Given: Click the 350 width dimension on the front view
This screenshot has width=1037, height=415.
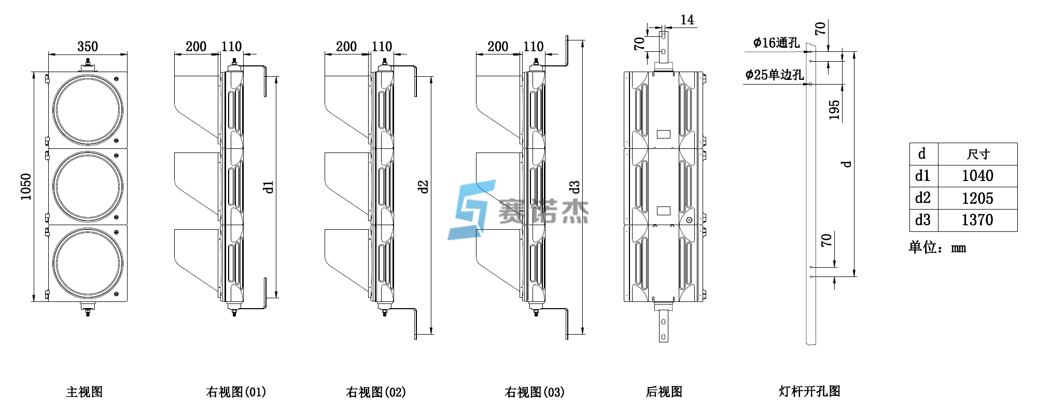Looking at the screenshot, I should [x=88, y=47].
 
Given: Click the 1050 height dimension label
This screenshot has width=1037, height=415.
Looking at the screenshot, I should [x=25, y=187].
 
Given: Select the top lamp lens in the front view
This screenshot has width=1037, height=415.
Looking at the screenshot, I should [x=88, y=110].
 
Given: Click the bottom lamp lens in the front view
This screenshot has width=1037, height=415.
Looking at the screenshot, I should [x=88, y=263].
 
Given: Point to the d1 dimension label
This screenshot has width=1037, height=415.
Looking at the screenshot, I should [x=268, y=187].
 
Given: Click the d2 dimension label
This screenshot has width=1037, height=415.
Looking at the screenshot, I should [x=423, y=187].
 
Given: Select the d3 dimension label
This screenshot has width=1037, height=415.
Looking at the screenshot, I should [x=574, y=187].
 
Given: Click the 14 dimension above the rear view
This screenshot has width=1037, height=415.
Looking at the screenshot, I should [x=687, y=20].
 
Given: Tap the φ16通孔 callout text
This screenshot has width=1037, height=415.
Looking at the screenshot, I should [x=776, y=43].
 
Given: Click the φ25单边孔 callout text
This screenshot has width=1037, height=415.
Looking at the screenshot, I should [x=774, y=75].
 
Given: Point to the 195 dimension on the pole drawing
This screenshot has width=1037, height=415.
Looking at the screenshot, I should [x=834, y=110].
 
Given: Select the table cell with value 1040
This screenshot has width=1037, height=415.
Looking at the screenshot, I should [x=977, y=176].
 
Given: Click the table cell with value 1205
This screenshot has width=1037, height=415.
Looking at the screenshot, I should [x=977, y=198].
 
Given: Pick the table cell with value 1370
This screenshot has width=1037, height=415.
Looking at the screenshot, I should [x=977, y=220].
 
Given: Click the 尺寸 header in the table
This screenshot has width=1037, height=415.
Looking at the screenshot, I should [x=978, y=154].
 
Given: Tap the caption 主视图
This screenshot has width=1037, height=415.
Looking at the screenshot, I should [x=85, y=392].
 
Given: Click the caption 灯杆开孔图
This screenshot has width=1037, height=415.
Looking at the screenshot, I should [x=809, y=391].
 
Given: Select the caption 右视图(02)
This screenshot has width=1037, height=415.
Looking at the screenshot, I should [x=376, y=392].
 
